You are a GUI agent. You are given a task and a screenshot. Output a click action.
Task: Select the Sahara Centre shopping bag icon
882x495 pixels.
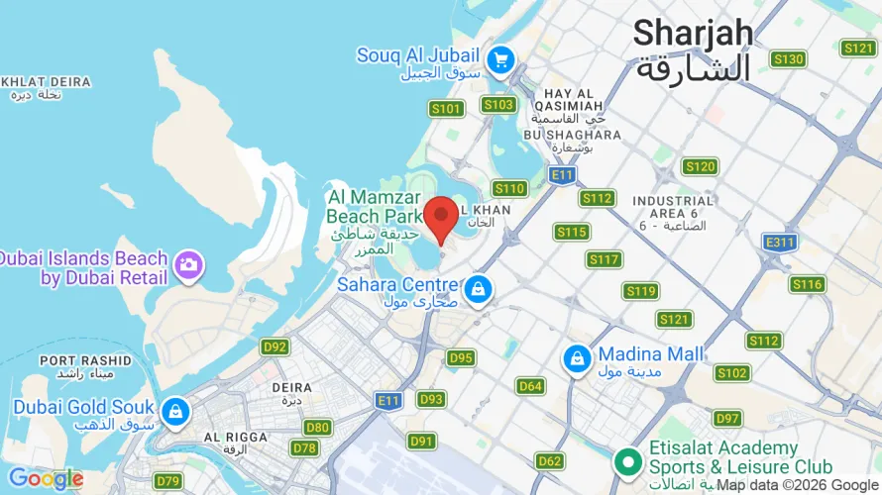point(479,289)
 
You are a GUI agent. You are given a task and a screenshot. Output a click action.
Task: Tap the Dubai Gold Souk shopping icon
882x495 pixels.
point(175,411)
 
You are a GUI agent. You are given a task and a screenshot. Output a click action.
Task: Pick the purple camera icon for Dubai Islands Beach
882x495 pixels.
point(187,264)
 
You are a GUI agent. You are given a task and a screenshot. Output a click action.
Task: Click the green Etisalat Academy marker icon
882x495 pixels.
point(626,461)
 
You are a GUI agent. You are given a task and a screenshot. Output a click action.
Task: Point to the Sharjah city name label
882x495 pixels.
point(693,33)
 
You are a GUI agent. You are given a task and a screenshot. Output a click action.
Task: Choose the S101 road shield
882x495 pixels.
point(446,108)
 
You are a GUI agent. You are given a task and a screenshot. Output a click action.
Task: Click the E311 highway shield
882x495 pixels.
point(780,242)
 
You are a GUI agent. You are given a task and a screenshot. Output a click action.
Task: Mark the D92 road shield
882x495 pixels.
point(275,347)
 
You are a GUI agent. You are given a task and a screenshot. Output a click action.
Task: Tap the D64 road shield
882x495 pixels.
point(530,386)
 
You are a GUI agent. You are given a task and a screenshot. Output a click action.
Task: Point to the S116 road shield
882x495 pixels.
point(807,285)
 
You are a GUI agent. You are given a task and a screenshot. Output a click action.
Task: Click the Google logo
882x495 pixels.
point(45,479)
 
